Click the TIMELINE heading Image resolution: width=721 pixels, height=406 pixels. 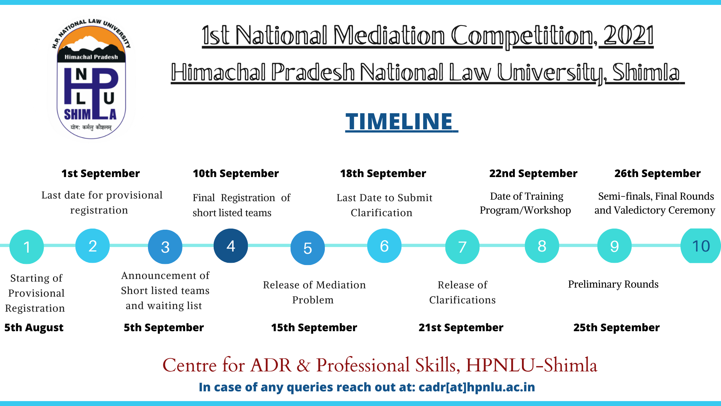click(401, 121)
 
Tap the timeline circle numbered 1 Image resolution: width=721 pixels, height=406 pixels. click(27, 247)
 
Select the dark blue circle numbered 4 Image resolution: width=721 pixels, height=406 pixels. click(231, 246)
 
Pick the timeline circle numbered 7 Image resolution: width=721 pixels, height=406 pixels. click(462, 247)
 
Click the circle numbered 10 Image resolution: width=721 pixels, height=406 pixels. click(701, 246)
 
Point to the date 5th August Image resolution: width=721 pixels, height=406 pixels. click(34, 327)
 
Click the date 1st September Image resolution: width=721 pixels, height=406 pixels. click(101, 173)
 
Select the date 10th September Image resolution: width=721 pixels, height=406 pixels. click(236, 173)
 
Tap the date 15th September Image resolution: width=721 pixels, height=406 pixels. click(314, 327)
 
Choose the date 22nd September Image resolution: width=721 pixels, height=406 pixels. click(533, 173)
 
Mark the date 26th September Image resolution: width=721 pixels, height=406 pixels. click(658, 173)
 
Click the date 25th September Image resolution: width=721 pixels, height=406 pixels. click(617, 327)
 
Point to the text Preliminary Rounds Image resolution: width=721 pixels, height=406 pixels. click(613, 284)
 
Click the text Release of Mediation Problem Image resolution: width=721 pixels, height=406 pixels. click(314, 292)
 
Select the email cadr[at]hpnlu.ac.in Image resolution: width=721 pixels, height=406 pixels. click(477, 387)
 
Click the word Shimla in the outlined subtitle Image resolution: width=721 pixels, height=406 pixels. click(646, 72)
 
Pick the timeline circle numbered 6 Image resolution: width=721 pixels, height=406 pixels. click(384, 246)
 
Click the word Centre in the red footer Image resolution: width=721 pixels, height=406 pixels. click(190, 365)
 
